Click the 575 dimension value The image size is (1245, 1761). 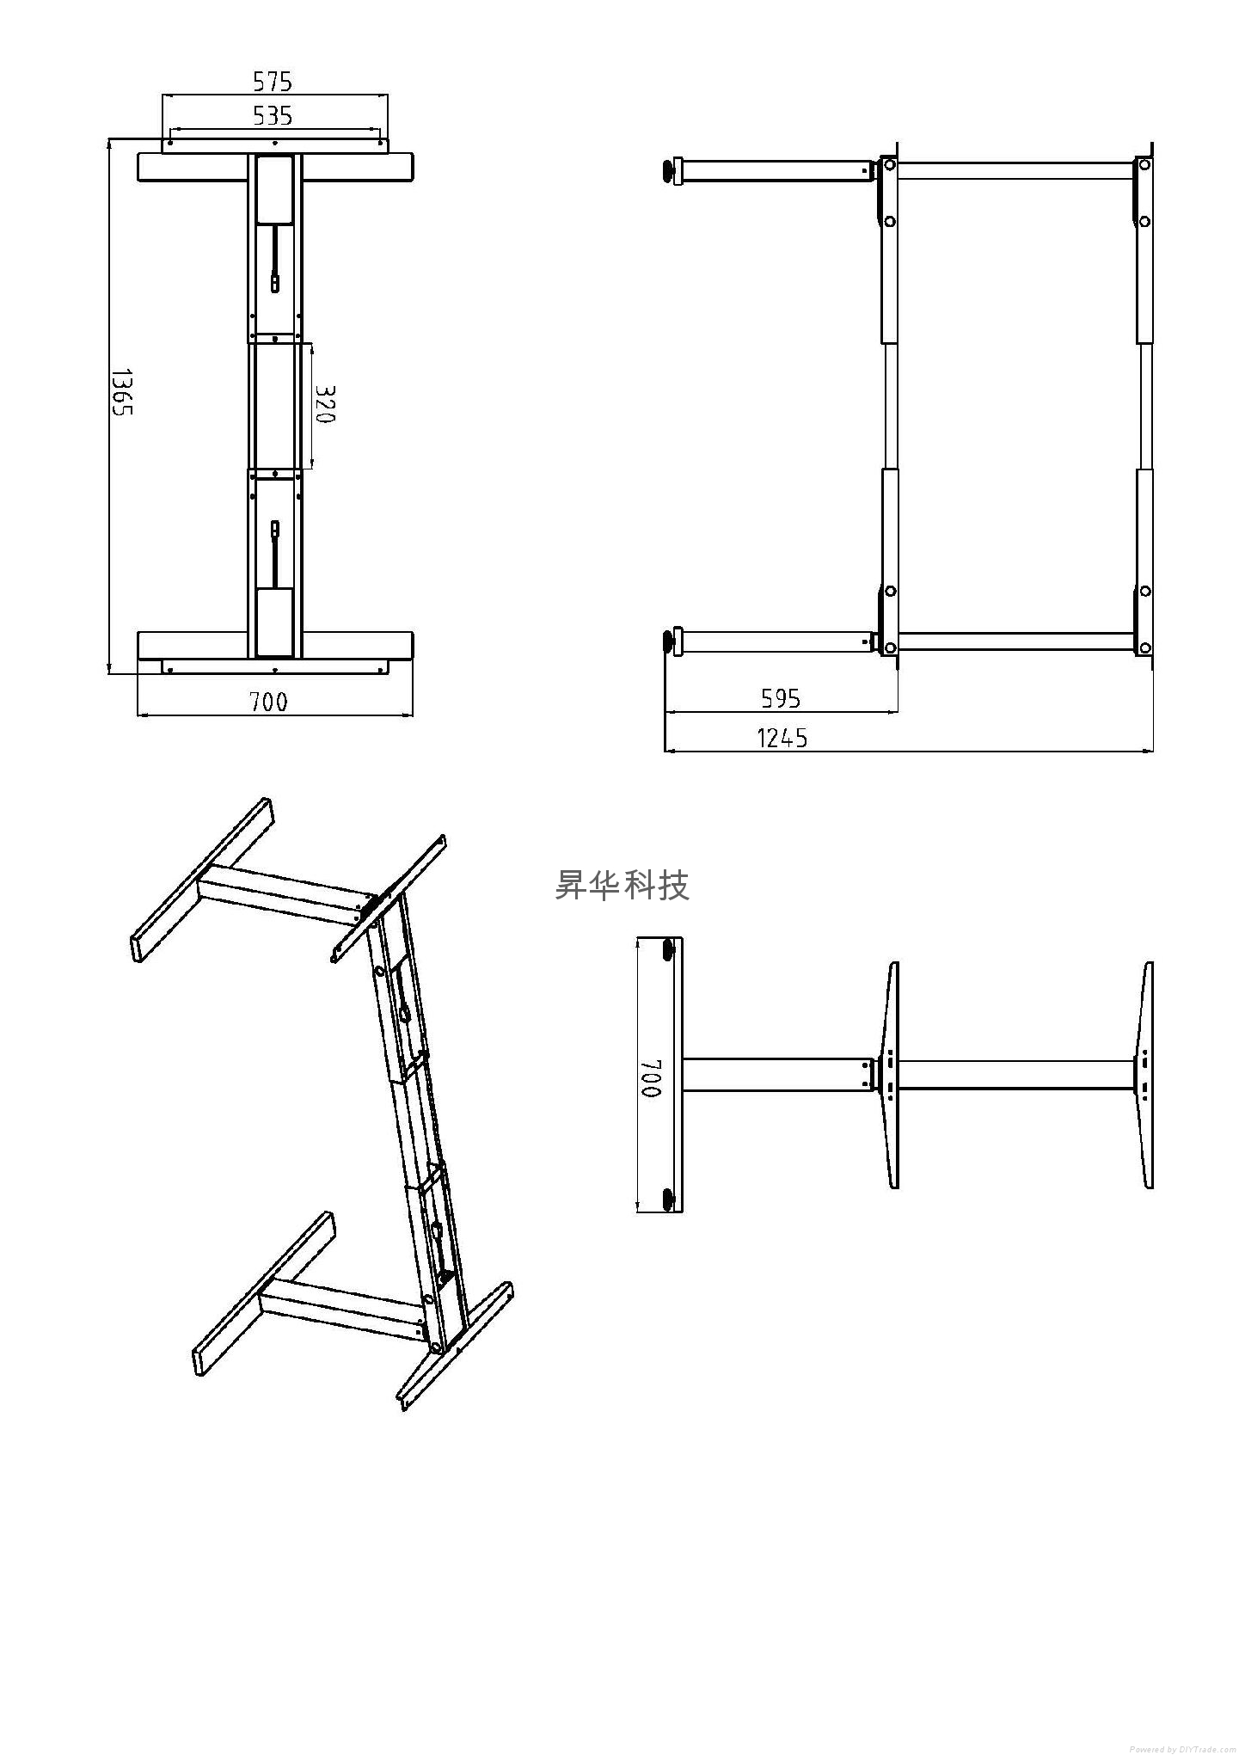point(273,82)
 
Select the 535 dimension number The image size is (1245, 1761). point(273,115)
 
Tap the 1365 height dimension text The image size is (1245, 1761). point(121,393)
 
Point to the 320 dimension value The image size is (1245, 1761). point(323,403)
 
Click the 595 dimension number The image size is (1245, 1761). point(781,698)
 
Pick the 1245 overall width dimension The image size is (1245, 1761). point(782,738)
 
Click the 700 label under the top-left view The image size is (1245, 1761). point(269,703)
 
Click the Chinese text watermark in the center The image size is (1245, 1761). point(622,885)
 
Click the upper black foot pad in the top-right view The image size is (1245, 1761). point(668,170)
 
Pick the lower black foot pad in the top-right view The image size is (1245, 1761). point(668,641)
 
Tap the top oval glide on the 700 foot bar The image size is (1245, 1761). point(670,952)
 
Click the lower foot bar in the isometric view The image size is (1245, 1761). point(263,1294)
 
